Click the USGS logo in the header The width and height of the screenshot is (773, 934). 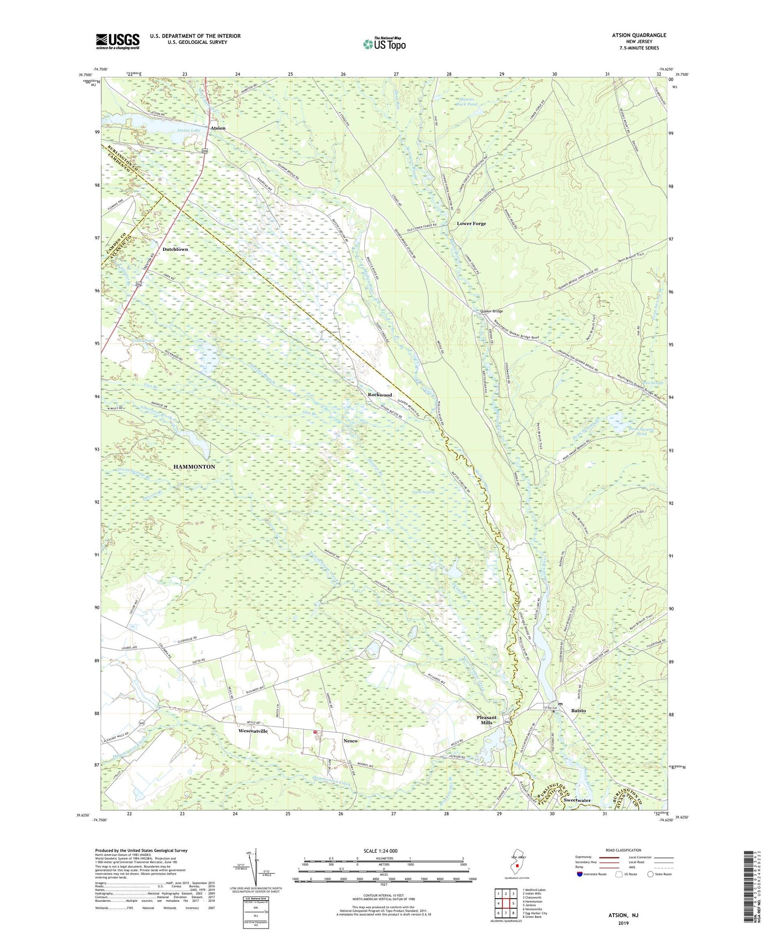click(118, 41)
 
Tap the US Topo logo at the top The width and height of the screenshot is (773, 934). click(384, 44)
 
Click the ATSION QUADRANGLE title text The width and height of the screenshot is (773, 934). click(636, 35)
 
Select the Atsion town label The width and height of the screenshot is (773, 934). click(218, 128)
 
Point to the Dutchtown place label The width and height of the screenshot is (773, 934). click(175, 249)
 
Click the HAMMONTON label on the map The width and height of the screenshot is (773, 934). click(194, 466)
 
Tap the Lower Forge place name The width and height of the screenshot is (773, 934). click(471, 224)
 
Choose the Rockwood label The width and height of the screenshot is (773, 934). click(380, 395)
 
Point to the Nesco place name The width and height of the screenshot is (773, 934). click(350, 741)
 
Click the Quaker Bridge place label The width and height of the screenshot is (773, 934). click(491, 311)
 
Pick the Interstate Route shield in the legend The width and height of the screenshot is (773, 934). click(580, 874)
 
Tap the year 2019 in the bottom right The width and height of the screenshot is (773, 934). click(623, 923)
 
